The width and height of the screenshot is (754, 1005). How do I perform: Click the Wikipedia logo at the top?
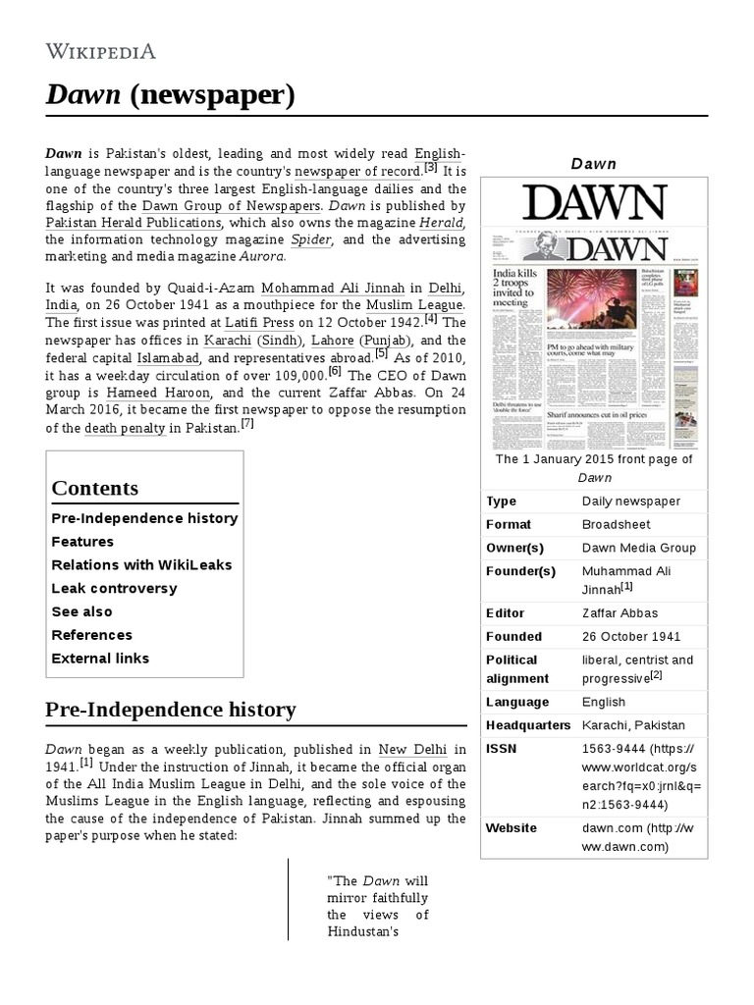coord(101,51)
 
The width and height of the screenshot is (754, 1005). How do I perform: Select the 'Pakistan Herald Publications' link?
coord(134,223)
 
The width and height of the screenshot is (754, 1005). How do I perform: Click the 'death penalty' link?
coord(125,428)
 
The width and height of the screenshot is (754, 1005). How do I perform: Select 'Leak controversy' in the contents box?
coord(114,588)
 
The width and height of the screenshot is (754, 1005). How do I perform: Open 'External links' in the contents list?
coord(100,658)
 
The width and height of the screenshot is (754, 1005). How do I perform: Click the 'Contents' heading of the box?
coord(95,488)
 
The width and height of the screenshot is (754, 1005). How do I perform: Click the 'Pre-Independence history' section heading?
coord(171,709)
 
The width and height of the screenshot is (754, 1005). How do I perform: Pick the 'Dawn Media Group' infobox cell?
coord(638,548)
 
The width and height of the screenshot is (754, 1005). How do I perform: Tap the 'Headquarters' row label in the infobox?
coord(527,725)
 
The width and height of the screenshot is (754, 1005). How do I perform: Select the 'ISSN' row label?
coord(501,749)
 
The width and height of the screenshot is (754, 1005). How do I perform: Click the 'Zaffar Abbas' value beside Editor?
coord(619,612)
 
